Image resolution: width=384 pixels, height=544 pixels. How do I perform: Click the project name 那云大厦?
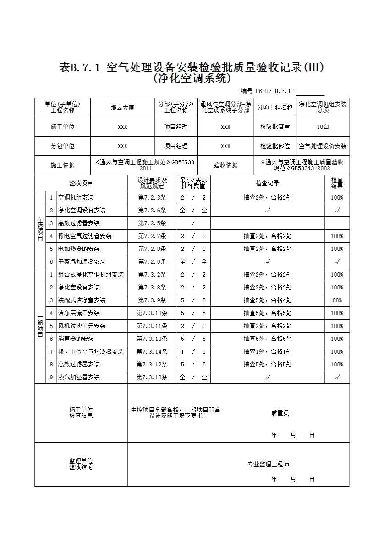(x=122, y=108)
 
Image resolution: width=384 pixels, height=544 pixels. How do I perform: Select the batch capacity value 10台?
(x=323, y=127)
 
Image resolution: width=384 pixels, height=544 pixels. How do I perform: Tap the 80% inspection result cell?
(x=337, y=300)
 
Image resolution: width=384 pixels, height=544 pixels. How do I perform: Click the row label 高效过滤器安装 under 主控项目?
(x=79, y=223)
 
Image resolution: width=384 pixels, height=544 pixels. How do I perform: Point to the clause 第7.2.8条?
(x=152, y=249)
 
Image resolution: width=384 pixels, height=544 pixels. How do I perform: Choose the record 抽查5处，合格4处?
(x=268, y=300)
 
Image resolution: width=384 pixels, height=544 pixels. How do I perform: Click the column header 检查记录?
(x=268, y=183)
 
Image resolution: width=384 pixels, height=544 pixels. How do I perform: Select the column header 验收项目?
(x=81, y=183)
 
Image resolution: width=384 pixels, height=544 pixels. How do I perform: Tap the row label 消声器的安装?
(x=76, y=339)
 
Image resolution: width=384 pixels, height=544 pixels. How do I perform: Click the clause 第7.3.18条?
(x=152, y=377)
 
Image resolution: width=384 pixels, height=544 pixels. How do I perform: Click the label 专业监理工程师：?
(x=270, y=464)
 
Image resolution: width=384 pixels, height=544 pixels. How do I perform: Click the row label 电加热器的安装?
(x=79, y=249)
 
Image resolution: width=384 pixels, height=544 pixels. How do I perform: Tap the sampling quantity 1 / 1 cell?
(x=193, y=351)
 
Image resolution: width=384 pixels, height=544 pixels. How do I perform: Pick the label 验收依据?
(x=225, y=166)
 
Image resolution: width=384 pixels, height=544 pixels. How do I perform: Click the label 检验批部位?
(x=275, y=146)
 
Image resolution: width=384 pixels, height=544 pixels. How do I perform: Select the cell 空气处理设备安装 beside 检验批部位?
(x=323, y=146)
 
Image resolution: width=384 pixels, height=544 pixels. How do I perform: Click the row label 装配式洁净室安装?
(x=82, y=300)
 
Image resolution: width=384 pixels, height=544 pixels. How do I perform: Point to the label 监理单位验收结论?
(x=81, y=464)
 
